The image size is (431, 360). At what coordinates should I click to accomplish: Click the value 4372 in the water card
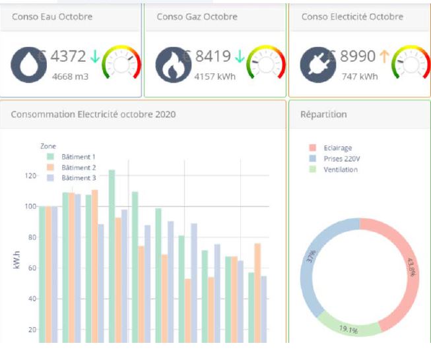(68, 57)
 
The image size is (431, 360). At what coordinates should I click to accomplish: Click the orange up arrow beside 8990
(384, 57)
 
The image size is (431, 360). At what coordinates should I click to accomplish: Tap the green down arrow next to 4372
(95, 57)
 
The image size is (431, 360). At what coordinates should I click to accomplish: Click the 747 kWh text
(360, 76)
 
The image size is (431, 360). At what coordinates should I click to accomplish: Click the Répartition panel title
(323, 114)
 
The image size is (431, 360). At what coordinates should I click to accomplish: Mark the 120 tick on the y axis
(29, 176)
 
